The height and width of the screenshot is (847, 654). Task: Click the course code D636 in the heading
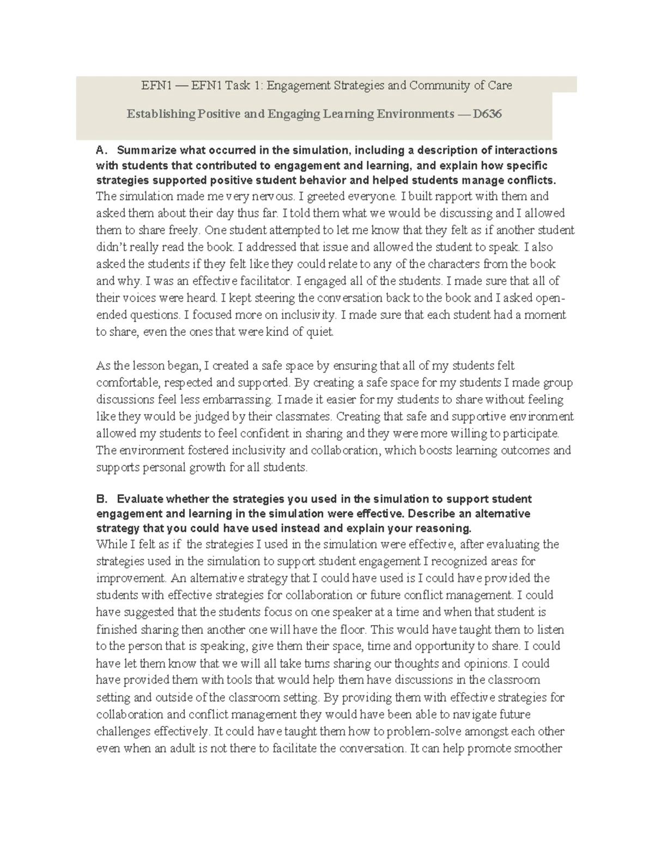coord(487,114)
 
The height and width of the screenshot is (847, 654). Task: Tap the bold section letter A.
coord(99,150)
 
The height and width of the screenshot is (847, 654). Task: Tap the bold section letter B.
coord(99,498)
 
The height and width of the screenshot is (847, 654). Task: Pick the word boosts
coord(433,450)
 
